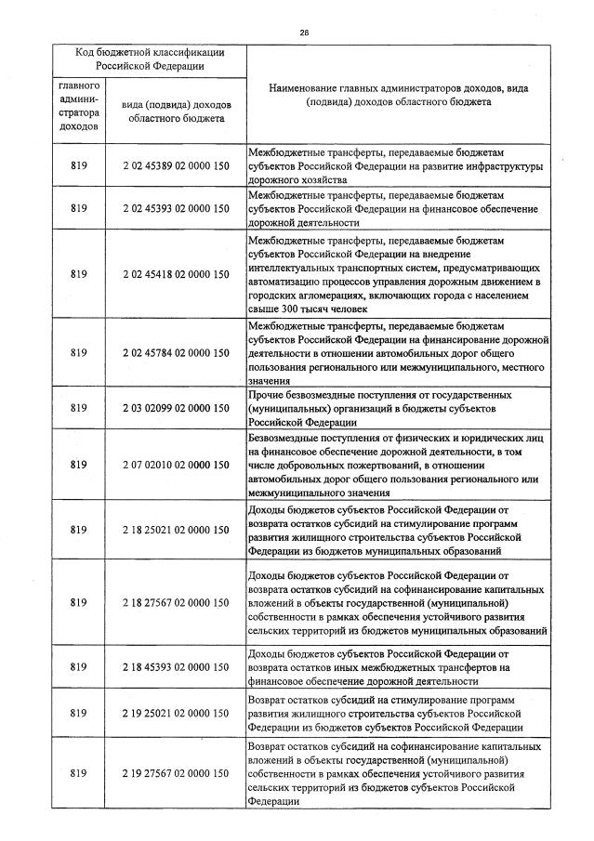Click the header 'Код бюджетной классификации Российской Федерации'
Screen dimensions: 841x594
tap(150, 59)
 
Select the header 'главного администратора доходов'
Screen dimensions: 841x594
tap(78, 106)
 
